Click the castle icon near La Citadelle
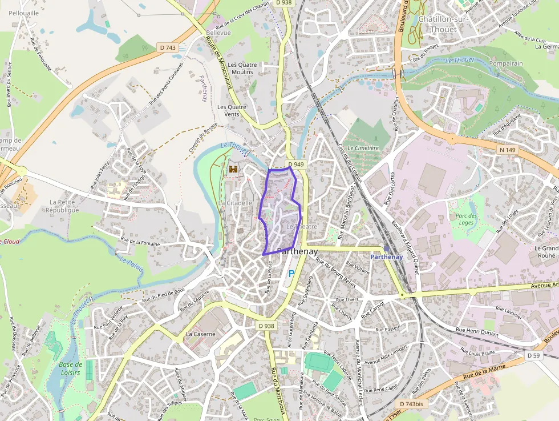pyautogui.click(x=233, y=169)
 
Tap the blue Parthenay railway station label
pyautogui.click(x=387, y=256)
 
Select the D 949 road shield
pyautogui.click(x=296, y=165)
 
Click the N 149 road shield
pyautogui.click(x=493, y=150)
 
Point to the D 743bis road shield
pyautogui.click(x=411, y=404)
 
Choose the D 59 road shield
pyautogui.click(x=533, y=356)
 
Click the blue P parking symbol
pyautogui.click(x=291, y=274)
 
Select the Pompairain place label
pyautogui.click(x=505, y=63)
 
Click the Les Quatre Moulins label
pyautogui.click(x=242, y=69)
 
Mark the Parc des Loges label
pyautogui.click(x=467, y=219)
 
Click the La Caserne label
pyautogui.click(x=201, y=334)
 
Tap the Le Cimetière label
pyautogui.click(x=363, y=148)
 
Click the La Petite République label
pyautogui.click(x=64, y=206)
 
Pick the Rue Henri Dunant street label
pyautogui.click(x=478, y=332)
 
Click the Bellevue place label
pyautogui.click(x=219, y=33)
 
